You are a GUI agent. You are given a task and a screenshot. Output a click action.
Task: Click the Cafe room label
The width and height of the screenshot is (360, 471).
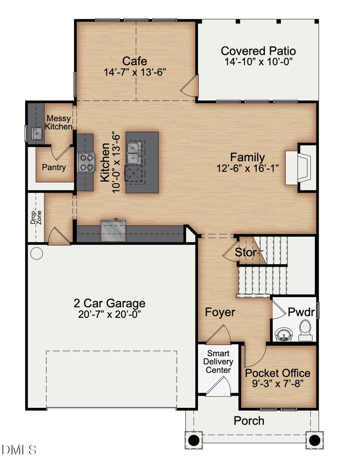[x=134, y=61]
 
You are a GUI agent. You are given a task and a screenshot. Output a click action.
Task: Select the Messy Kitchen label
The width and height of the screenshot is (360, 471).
[x=58, y=122]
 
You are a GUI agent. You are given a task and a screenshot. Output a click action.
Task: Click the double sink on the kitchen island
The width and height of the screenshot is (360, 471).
[x=133, y=153]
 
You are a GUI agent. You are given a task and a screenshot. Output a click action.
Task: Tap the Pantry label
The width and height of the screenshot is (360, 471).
[x=54, y=167]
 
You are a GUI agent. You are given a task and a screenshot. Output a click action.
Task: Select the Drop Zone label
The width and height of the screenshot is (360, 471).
[x=36, y=218]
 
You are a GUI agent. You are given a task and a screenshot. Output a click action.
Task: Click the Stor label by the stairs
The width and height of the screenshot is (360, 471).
[x=245, y=252]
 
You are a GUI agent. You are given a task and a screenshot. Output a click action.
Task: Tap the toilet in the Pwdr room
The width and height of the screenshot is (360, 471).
[x=306, y=329]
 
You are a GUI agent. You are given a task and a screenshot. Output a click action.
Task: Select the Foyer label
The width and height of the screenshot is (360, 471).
[x=220, y=312]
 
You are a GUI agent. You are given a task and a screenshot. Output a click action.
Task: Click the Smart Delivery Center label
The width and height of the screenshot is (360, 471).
[x=218, y=362]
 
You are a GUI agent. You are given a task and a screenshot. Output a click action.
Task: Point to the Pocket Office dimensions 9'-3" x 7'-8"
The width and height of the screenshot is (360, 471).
[x=278, y=383]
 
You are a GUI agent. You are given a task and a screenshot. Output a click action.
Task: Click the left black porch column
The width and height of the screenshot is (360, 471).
[x=194, y=440]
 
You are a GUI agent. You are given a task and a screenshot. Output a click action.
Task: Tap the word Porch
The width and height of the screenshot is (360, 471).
[x=249, y=421]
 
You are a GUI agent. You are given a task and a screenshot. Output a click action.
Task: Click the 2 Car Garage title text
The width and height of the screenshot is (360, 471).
[x=109, y=303]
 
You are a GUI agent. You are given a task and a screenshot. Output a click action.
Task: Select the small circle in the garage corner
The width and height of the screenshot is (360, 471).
[x=36, y=253]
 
